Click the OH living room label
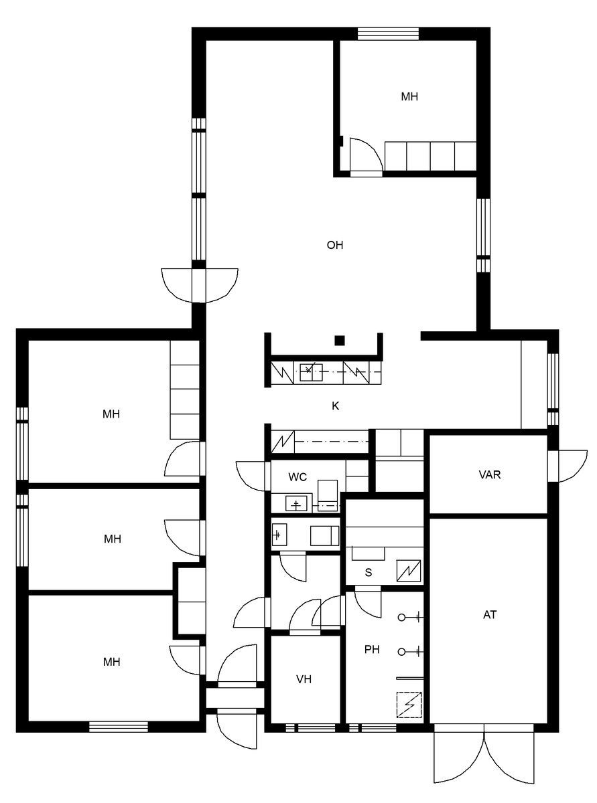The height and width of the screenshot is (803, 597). click(x=334, y=245)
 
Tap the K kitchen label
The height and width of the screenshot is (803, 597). click(x=335, y=406)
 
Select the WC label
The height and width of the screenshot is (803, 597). click(x=297, y=477)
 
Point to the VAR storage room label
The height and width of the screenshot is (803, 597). click(x=490, y=474)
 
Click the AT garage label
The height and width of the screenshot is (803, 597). click(x=490, y=614)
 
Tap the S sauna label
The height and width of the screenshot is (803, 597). click(x=369, y=572)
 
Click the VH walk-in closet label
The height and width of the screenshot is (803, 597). click(x=304, y=680)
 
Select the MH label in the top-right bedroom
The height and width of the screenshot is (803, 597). click(x=409, y=96)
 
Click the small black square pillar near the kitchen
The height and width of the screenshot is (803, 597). click(x=340, y=341)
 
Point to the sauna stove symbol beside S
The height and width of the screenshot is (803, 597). click(x=409, y=571)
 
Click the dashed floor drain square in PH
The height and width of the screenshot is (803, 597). click(x=409, y=705)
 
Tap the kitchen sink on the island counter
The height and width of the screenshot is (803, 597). click(x=311, y=373)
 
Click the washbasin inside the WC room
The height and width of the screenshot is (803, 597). click(x=296, y=504)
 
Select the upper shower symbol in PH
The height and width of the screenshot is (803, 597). click(x=410, y=617)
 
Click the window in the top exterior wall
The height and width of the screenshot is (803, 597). click(x=388, y=33)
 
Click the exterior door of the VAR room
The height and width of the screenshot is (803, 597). click(x=568, y=466)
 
